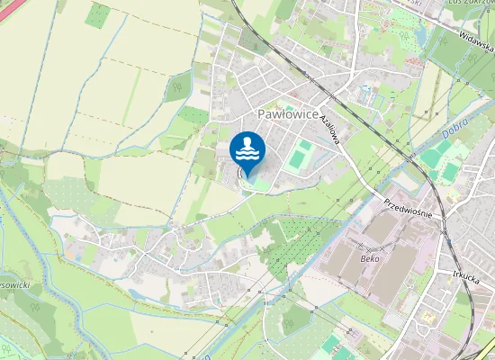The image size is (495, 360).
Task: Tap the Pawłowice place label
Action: [287, 114]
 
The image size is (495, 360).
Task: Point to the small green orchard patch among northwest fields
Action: [97, 14]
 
